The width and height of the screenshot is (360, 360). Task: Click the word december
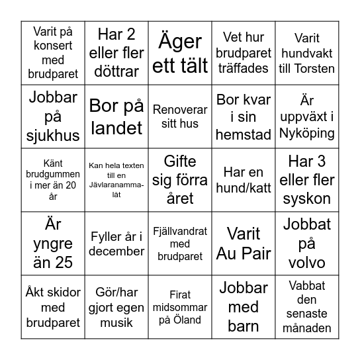[116, 251]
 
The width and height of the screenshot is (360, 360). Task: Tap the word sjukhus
[54, 136]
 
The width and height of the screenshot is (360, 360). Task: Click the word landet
[116, 128]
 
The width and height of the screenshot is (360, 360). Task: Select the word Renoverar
[180, 110]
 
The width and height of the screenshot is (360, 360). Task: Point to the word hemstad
[244, 134]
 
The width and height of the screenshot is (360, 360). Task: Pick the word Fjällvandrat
[180, 232]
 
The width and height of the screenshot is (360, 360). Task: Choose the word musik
[116, 323]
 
